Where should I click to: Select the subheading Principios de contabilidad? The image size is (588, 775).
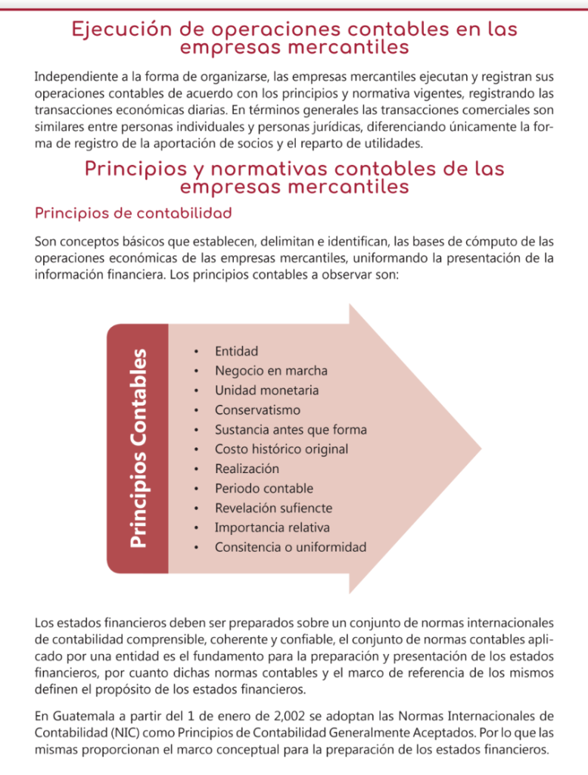132,213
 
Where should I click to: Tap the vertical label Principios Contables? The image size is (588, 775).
138,449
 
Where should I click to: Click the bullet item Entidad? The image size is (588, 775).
236,351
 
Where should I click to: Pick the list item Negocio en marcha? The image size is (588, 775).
271,371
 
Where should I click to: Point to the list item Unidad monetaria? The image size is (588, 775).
266,391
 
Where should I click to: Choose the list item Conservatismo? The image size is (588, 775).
257,410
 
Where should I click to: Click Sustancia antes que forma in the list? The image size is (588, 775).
291,430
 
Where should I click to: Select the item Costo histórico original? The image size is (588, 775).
282,450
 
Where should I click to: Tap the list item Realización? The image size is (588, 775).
247,469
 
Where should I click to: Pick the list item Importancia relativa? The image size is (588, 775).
272,528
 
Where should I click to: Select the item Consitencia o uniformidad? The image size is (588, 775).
290,547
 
